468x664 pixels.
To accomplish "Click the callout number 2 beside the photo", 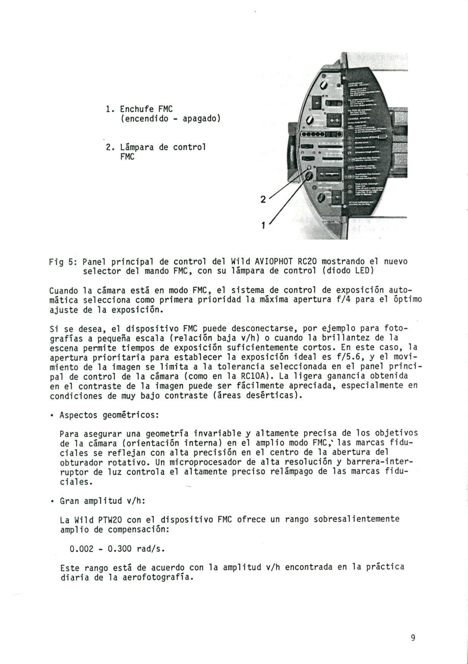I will [x=263, y=199].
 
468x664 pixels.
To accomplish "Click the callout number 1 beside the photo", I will [x=263, y=225].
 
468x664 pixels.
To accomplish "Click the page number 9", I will [x=413, y=638].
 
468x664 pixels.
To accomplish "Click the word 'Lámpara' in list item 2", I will [x=136, y=147].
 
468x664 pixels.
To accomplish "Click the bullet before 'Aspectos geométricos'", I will [x=51, y=415].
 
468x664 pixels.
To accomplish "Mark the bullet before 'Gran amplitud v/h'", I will [x=51, y=501].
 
